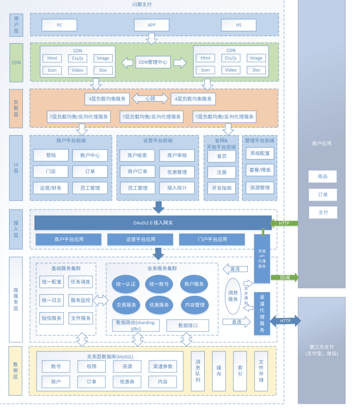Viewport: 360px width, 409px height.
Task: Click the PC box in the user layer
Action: [59, 25]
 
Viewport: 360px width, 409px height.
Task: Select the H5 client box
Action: [238, 25]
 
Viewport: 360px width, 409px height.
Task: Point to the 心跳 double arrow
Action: [150, 98]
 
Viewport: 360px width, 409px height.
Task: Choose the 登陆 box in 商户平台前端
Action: [51, 155]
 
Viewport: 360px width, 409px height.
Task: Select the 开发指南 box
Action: [222, 188]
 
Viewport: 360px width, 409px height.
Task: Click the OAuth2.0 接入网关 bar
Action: [152, 222]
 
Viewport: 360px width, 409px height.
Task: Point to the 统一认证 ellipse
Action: [125, 284]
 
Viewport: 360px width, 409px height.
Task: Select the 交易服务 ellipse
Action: [125, 305]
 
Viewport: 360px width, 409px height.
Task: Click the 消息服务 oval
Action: [233, 296]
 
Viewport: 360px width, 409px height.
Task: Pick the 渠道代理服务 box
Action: [262, 314]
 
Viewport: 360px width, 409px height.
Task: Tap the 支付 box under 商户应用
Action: [323, 212]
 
